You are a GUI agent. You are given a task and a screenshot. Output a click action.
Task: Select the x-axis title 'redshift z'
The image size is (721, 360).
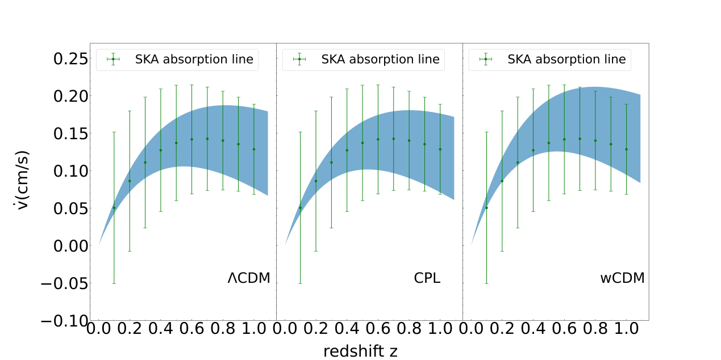tap(360, 351)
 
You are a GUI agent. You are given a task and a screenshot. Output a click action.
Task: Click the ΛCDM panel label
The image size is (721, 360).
tap(248, 278)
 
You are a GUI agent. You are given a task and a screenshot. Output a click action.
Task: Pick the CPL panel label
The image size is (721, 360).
tap(427, 278)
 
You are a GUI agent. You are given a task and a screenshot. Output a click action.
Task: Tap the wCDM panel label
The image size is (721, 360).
tap(622, 278)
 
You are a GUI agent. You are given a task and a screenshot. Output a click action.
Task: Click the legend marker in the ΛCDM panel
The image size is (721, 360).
tap(113, 59)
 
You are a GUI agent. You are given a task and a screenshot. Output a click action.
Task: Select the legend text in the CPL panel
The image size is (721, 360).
tap(380, 59)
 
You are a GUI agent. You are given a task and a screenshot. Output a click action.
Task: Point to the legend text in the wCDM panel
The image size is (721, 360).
tap(566, 59)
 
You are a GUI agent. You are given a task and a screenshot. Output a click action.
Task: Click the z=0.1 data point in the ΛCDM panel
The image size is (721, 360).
tap(114, 208)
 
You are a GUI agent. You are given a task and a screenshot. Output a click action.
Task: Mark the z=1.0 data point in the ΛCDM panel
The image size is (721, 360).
tap(253, 149)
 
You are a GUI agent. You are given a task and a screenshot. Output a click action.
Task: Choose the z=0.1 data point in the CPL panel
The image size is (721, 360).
tap(300, 208)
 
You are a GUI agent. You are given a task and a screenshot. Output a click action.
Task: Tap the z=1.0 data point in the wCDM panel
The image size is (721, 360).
tap(626, 149)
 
